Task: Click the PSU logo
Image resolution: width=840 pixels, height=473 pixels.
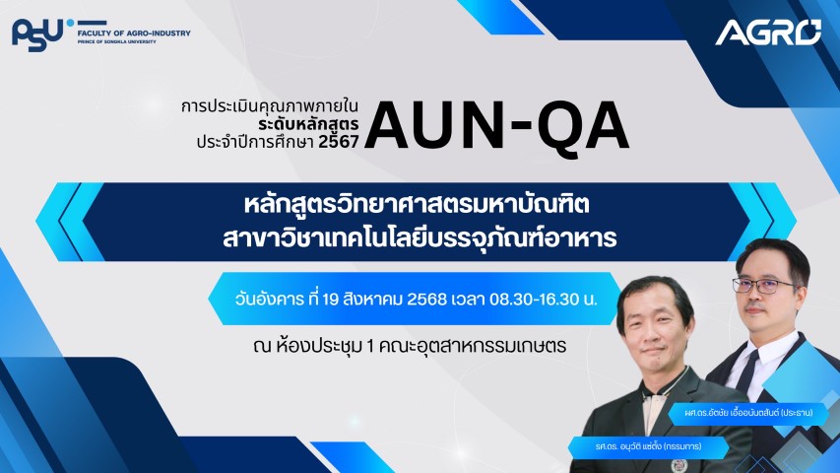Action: [43, 34]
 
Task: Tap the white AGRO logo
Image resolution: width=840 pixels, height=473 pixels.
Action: [768, 33]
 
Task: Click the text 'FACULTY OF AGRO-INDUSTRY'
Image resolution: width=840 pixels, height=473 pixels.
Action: [134, 33]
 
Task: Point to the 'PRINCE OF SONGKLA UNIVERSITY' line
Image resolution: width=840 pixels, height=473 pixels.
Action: [117, 41]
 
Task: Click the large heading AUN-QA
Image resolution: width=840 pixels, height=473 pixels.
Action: [496, 126]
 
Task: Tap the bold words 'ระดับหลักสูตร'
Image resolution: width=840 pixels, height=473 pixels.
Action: [308, 124]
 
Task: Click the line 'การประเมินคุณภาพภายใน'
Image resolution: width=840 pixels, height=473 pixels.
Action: [270, 106]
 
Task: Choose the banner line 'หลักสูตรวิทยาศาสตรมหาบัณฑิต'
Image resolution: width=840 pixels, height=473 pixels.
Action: [417, 205]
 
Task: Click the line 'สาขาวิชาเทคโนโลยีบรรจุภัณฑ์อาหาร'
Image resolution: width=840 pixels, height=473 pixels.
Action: [420, 238]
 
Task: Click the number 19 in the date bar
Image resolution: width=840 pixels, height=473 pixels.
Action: [331, 300]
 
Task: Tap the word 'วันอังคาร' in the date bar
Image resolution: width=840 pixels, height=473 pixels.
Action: [270, 299]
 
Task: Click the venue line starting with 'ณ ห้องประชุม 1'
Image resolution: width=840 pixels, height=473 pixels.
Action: [410, 346]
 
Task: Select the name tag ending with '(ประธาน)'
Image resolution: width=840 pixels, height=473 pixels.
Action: [748, 413]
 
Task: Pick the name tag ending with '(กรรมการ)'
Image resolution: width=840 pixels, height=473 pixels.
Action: [648, 446]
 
